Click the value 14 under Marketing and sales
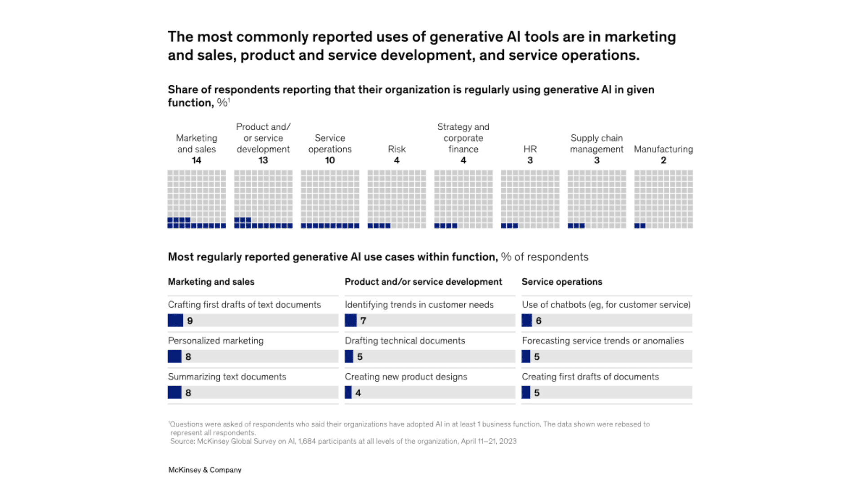click(196, 160)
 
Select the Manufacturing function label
click(663, 149)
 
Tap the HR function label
click(530, 149)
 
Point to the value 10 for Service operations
click(330, 160)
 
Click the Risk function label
click(396, 149)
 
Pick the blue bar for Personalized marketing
click(174, 357)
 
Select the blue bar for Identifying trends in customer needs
click(351, 321)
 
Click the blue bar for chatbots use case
click(526, 321)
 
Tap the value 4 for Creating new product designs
click(358, 393)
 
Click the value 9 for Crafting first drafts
click(190, 321)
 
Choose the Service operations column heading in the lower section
click(562, 282)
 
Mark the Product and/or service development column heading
click(423, 282)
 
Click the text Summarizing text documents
click(227, 377)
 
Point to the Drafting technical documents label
click(405, 341)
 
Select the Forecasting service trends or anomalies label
click(603, 341)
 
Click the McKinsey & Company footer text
click(205, 470)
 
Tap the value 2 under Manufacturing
click(663, 160)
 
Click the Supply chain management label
click(596, 144)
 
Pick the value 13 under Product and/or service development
click(263, 160)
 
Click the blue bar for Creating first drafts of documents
click(526, 393)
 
